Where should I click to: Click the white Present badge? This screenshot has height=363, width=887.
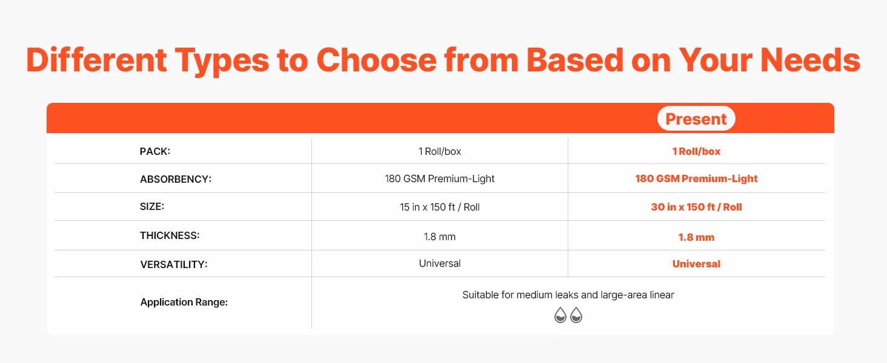(696, 118)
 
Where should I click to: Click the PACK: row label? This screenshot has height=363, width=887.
(155, 151)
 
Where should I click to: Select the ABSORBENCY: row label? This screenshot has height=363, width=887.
(176, 179)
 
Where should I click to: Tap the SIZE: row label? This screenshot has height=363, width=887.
(151, 206)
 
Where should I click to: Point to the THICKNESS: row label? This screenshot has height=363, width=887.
(170, 236)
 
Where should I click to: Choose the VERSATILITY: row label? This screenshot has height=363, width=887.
(173, 264)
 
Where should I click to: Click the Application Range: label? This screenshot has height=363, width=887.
(184, 302)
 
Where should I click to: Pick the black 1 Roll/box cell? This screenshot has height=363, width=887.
(439, 151)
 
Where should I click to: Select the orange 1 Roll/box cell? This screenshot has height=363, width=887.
(696, 151)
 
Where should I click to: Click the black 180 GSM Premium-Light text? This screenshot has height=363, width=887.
(439, 178)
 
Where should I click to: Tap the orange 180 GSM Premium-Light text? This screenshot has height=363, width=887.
(696, 178)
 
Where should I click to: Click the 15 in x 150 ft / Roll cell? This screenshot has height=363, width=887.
(439, 207)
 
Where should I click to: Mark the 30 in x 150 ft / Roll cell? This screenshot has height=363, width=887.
(696, 207)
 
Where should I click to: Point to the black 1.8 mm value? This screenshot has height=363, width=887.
(439, 237)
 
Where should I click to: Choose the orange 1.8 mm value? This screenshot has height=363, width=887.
(696, 237)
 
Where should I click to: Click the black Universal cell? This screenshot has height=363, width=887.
(439, 263)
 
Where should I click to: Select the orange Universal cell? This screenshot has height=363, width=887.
(696, 264)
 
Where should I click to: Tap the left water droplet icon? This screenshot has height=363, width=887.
(560, 315)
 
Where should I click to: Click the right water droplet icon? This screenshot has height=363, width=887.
(576, 315)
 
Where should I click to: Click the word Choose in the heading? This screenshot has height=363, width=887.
(376, 60)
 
